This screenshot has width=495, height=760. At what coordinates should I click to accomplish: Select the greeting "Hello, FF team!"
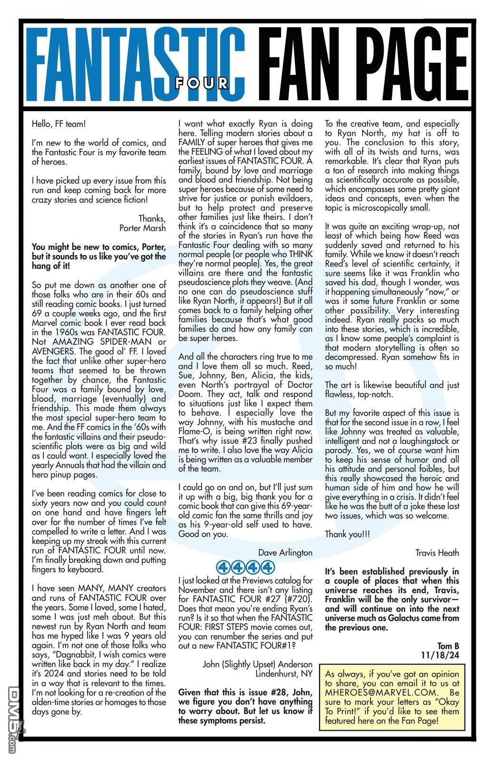(x=59, y=124)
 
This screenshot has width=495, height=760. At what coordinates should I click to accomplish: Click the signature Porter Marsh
(x=143, y=228)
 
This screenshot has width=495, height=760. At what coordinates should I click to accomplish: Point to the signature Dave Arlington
(x=285, y=552)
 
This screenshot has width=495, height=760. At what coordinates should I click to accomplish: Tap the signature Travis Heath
(x=437, y=552)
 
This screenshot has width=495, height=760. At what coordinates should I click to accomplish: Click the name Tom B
(x=448, y=646)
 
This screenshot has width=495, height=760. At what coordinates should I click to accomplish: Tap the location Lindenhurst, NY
(x=284, y=674)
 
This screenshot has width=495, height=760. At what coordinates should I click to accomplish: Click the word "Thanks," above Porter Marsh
(x=152, y=218)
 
